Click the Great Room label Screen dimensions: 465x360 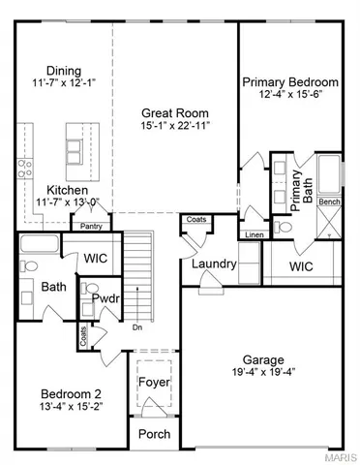175,111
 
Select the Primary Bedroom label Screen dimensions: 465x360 290,82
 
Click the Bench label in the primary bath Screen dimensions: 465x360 329,201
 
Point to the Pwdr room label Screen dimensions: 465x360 105,298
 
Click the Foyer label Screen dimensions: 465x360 155,383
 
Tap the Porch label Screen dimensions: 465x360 155,434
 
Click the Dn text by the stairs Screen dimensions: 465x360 136,326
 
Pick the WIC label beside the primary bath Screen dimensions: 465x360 302,265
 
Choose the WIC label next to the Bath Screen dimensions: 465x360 95,259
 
